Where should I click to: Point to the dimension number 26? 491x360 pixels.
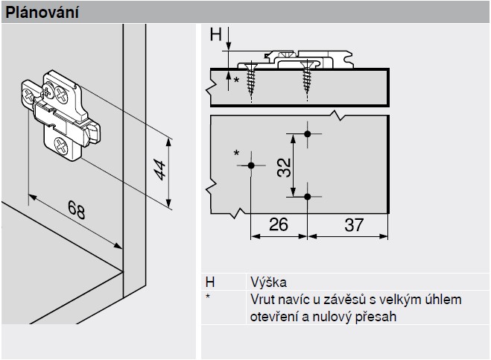(x=277, y=224)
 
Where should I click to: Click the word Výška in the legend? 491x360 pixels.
(x=269, y=282)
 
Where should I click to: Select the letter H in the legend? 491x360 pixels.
(x=211, y=282)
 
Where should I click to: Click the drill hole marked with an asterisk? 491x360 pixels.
(x=251, y=165)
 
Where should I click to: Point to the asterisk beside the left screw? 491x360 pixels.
(x=237, y=80)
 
